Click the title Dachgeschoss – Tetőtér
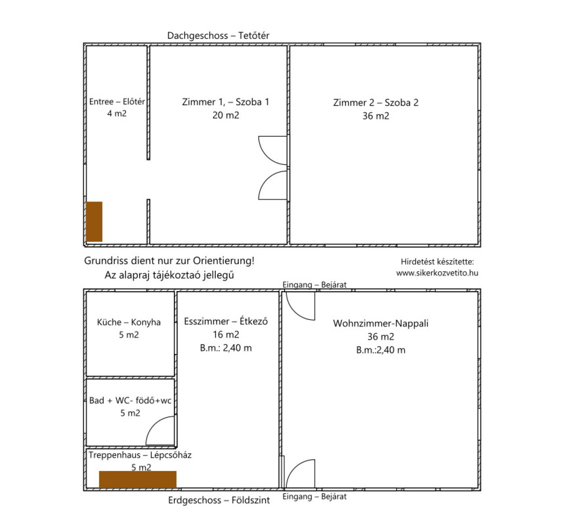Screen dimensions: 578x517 coord(218,36)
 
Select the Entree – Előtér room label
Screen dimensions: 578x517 coord(117,101)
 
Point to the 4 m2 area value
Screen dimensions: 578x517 coord(117,113)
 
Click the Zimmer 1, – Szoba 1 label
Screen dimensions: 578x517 coord(225,102)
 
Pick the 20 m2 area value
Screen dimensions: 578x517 coord(226,115)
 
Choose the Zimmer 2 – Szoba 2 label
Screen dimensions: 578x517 coord(376,103)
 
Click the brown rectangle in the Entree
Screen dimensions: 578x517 coord(94,221)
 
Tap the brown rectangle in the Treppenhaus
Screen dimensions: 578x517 coord(138,479)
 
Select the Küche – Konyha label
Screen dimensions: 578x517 coord(129,322)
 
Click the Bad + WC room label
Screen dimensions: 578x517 coord(130,400)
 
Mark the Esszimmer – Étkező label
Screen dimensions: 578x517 coord(226,321)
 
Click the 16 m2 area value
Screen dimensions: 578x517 coord(226,334)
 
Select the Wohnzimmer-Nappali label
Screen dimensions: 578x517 coord(381,323)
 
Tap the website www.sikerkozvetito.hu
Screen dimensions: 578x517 coord(437,273)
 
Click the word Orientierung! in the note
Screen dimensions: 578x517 coord(224,261)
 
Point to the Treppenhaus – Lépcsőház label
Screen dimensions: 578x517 coord(140,455)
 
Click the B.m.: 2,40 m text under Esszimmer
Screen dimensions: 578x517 coord(226,348)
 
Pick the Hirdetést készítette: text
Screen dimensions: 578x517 coord(438,262)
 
